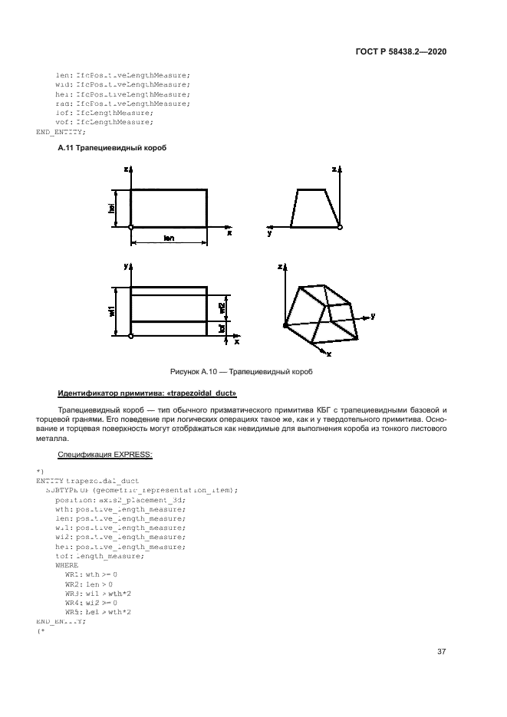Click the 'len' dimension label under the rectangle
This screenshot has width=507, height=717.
pyautogui.click(x=169, y=238)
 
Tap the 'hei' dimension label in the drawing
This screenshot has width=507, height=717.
pyautogui.click(x=112, y=208)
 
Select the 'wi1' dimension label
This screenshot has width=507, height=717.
pyautogui.click(x=112, y=311)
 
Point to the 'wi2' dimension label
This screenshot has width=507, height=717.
pyautogui.click(x=222, y=308)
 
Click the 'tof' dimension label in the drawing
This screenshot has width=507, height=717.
pyautogui.click(x=222, y=327)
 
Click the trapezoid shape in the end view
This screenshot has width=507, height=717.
pyautogui.click(x=314, y=208)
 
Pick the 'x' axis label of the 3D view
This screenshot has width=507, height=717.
pyautogui.click(x=328, y=354)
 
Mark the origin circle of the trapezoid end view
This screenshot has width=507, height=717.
pyautogui.click(x=340, y=227)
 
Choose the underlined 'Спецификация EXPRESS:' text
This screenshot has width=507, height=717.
pyautogui.click(x=105, y=454)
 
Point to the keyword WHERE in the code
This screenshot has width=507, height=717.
pyautogui.click(x=67, y=564)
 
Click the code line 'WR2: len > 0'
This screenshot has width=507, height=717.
pyautogui.click(x=89, y=584)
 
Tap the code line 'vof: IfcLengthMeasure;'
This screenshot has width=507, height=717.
pyautogui.click(x=104, y=122)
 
